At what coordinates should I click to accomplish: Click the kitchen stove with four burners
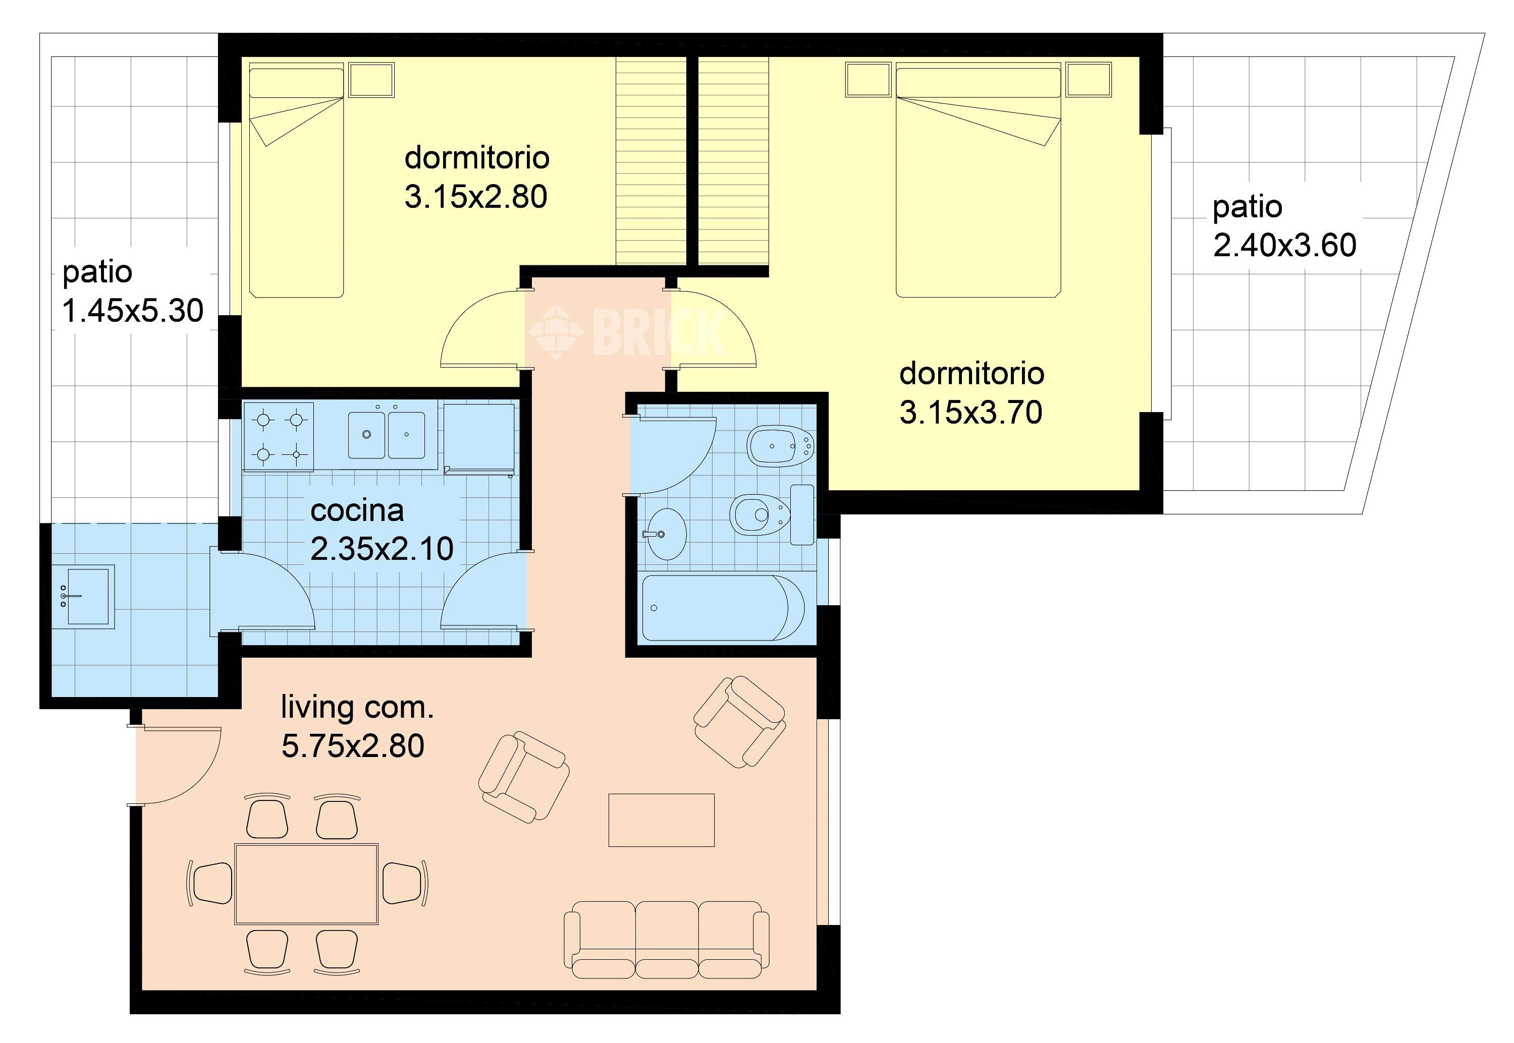(x=279, y=436)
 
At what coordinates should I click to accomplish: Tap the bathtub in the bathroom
(x=724, y=608)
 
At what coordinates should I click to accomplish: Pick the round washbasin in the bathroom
(x=666, y=534)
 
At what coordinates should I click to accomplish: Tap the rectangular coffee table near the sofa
(x=662, y=820)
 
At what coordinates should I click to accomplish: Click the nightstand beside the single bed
(x=371, y=80)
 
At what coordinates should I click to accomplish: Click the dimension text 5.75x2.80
(x=353, y=745)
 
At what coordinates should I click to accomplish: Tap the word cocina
(x=357, y=510)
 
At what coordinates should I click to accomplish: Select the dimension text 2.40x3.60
(x=1284, y=245)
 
